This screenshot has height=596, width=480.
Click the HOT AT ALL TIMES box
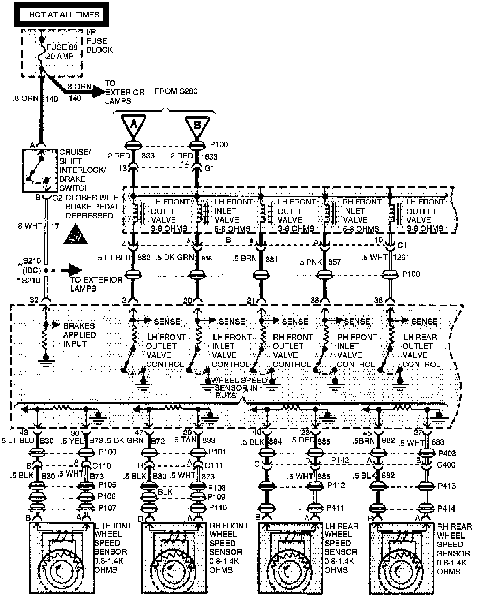click(61, 15)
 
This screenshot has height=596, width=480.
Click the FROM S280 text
click(176, 91)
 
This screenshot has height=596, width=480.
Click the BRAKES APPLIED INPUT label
click(79, 335)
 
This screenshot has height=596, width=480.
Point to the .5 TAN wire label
click(185, 440)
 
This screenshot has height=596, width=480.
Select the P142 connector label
click(340, 460)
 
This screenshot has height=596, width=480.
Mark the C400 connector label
click(446, 465)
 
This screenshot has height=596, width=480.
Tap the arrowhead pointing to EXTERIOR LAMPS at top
click(99, 92)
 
